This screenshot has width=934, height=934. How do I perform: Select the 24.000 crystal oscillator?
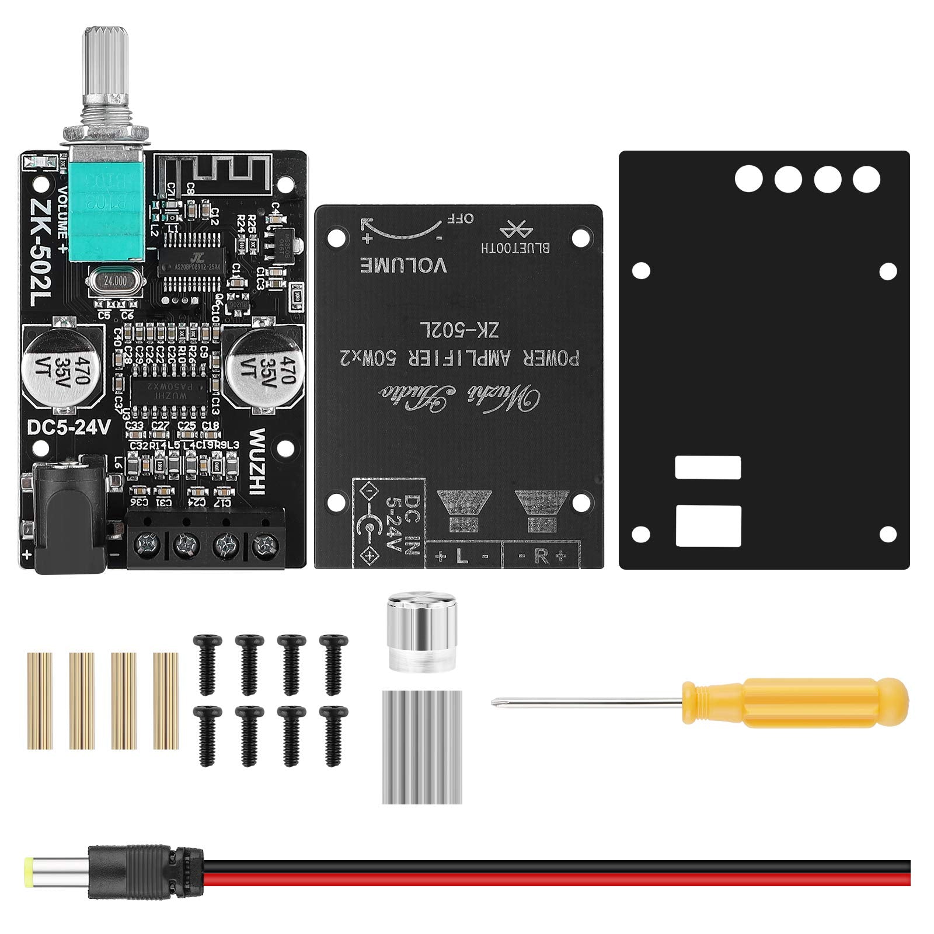point(114,281)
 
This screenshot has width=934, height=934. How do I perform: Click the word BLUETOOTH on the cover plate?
point(515,247)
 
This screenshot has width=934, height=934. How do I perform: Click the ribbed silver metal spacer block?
point(422,747)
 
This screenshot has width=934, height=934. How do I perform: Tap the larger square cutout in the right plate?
point(708,525)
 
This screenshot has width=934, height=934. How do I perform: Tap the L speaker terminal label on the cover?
point(462,556)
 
